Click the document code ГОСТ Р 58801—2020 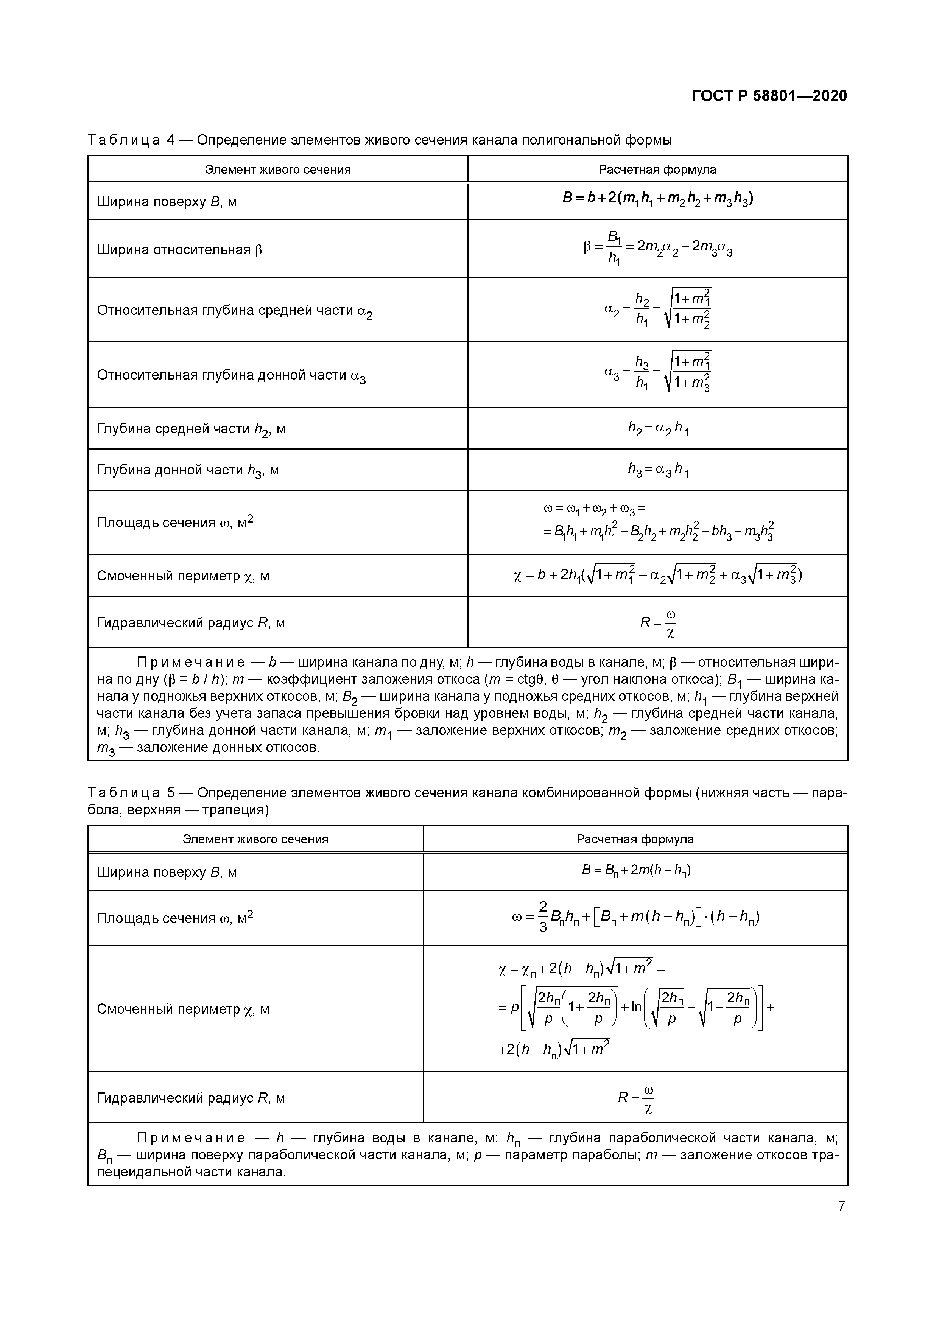(769, 96)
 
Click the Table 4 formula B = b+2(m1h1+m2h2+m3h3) (657, 199)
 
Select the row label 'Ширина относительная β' (179, 250)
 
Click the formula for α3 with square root (657, 372)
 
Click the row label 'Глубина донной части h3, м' (188, 470)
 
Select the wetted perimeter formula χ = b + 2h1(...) (657, 575)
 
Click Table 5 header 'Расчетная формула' (635, 839)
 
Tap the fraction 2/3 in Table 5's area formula (542, 917)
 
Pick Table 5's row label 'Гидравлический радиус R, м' (191, 1098)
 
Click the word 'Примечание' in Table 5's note (191, 1138)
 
